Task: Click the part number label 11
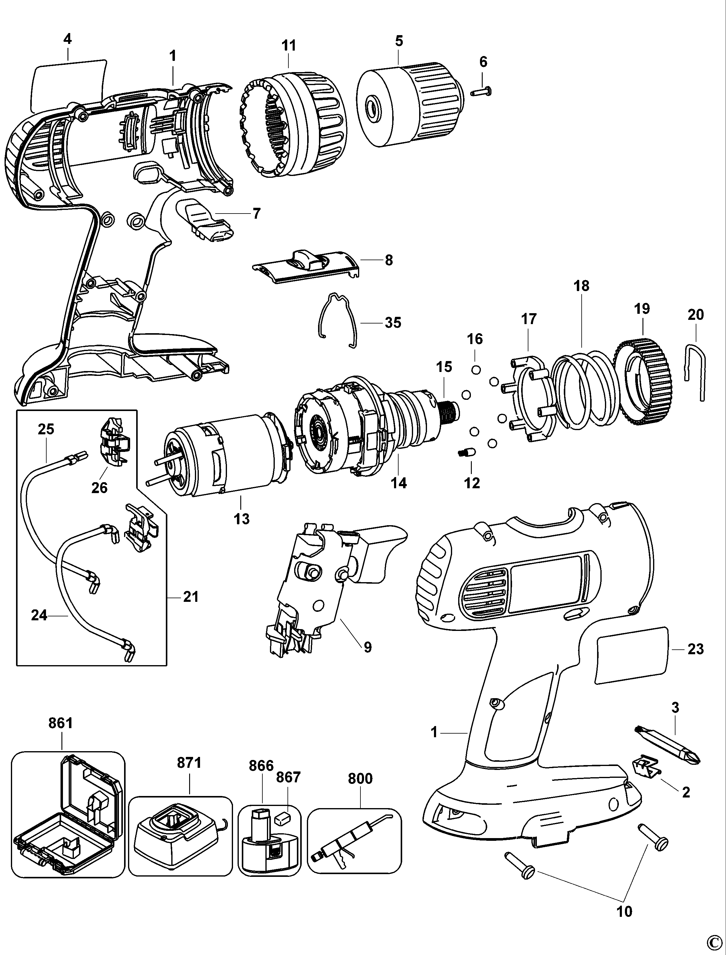click(x=289, y=45)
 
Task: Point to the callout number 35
click(x=393, y=323)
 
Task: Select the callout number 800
click(x=360, y=778)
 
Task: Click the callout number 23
click(x=695, y=649)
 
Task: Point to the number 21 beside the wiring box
click(x=191, y=597)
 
